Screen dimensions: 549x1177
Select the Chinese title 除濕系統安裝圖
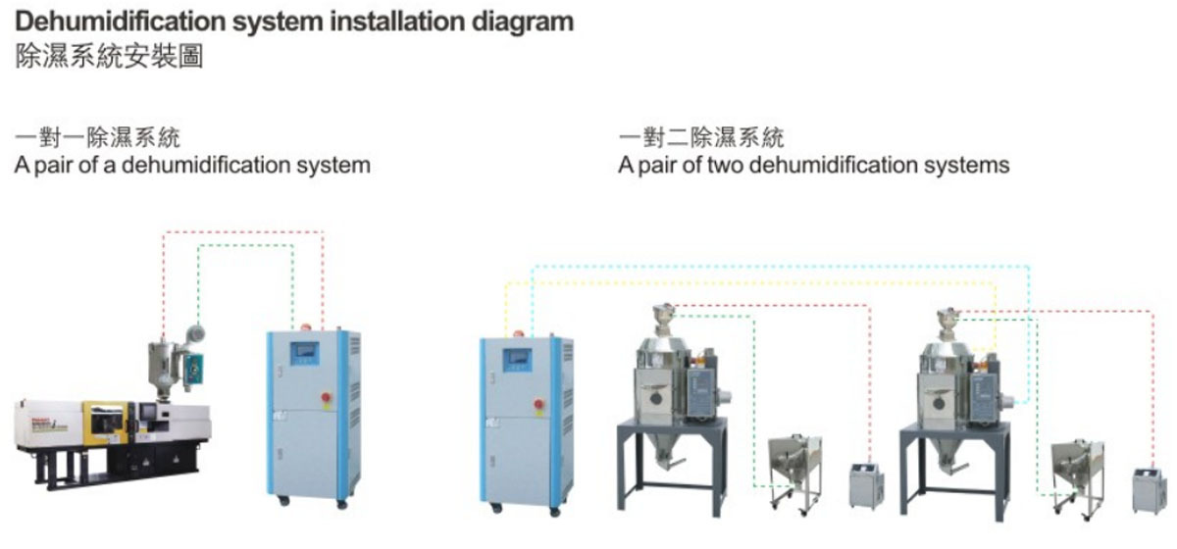(109, 57)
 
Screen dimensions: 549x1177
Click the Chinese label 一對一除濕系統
(98, 136)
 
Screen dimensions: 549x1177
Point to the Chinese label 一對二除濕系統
(701, 136)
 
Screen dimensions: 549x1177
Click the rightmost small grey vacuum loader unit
(1144, 489)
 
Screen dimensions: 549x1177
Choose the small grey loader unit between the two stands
(864, 486)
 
